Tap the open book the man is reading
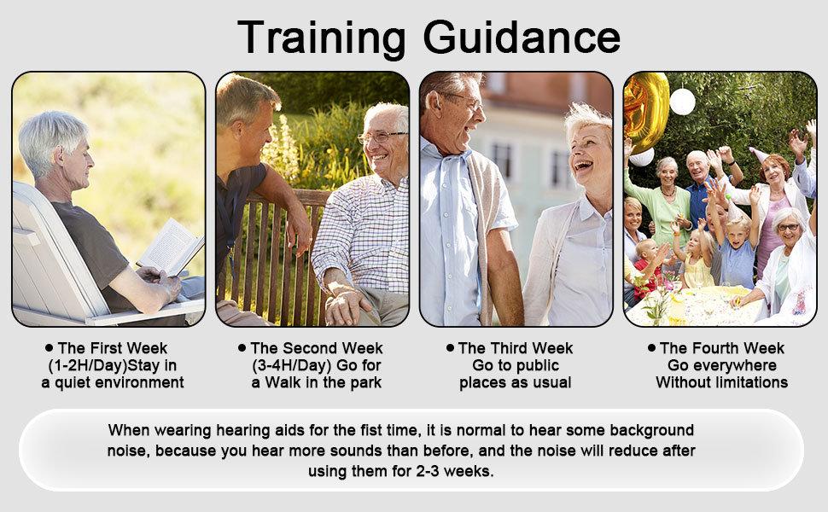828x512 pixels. [x=171, y=247]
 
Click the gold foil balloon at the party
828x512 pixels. [x=644, y=111]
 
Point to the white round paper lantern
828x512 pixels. [x=682, y=102]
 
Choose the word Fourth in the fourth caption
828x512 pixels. [x=717, y=348]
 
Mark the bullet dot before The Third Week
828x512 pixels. [x=450, y=347]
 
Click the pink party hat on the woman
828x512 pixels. [x=758, y=155]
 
